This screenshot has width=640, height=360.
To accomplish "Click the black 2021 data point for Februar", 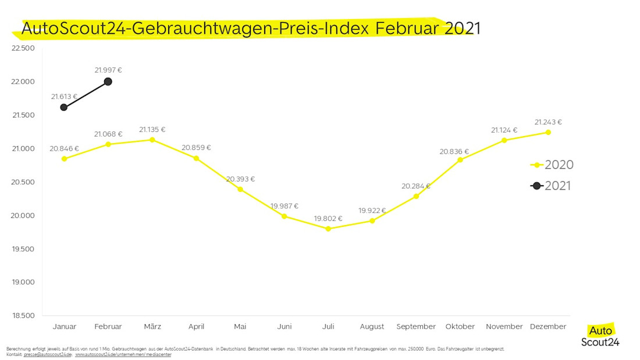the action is [x=108, y=81].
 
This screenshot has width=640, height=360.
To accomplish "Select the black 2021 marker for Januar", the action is [x=63, y=108].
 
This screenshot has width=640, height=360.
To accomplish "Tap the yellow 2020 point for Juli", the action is [x=328, y=229].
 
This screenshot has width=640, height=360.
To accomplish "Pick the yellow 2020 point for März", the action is [x=152, y=140].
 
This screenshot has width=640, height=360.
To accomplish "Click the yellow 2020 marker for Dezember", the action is [x=548, y=132].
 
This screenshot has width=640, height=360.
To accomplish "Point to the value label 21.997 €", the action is [x=108, y=70].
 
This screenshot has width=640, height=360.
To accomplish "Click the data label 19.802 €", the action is [x=328, y=219].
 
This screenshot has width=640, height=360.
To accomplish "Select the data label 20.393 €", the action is [x=240, y=179].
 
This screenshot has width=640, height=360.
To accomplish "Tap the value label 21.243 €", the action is [x=548, y=122].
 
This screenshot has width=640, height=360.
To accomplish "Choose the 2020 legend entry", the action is [x=552, y=165].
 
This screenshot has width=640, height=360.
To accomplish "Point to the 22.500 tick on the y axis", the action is [x=23, y=48].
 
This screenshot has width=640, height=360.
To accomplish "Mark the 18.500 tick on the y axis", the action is [x=23, y=316].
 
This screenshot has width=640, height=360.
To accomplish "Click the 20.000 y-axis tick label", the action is [x=23, y=216].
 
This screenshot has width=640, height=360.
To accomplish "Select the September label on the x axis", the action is [x=416, y=326].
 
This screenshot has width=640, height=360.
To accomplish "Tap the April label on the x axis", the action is [x=196, y=326].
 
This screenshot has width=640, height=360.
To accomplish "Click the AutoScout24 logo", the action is [x=600, y=336].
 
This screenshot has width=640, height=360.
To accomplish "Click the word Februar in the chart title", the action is [x=407, y=28].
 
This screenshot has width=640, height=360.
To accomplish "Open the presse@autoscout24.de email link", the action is [x=48, y=355].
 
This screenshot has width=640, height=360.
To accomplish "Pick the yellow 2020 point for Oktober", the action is [x=460, y=160].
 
